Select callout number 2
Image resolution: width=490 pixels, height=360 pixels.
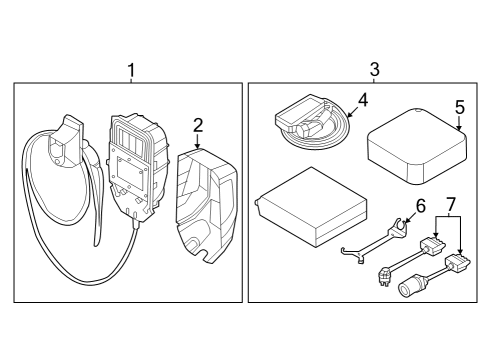[197, 125]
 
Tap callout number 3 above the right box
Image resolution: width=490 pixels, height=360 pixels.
[374, 71]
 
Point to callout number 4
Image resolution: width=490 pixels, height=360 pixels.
[363, 100]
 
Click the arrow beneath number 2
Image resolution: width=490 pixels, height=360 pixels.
[197, 143]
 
